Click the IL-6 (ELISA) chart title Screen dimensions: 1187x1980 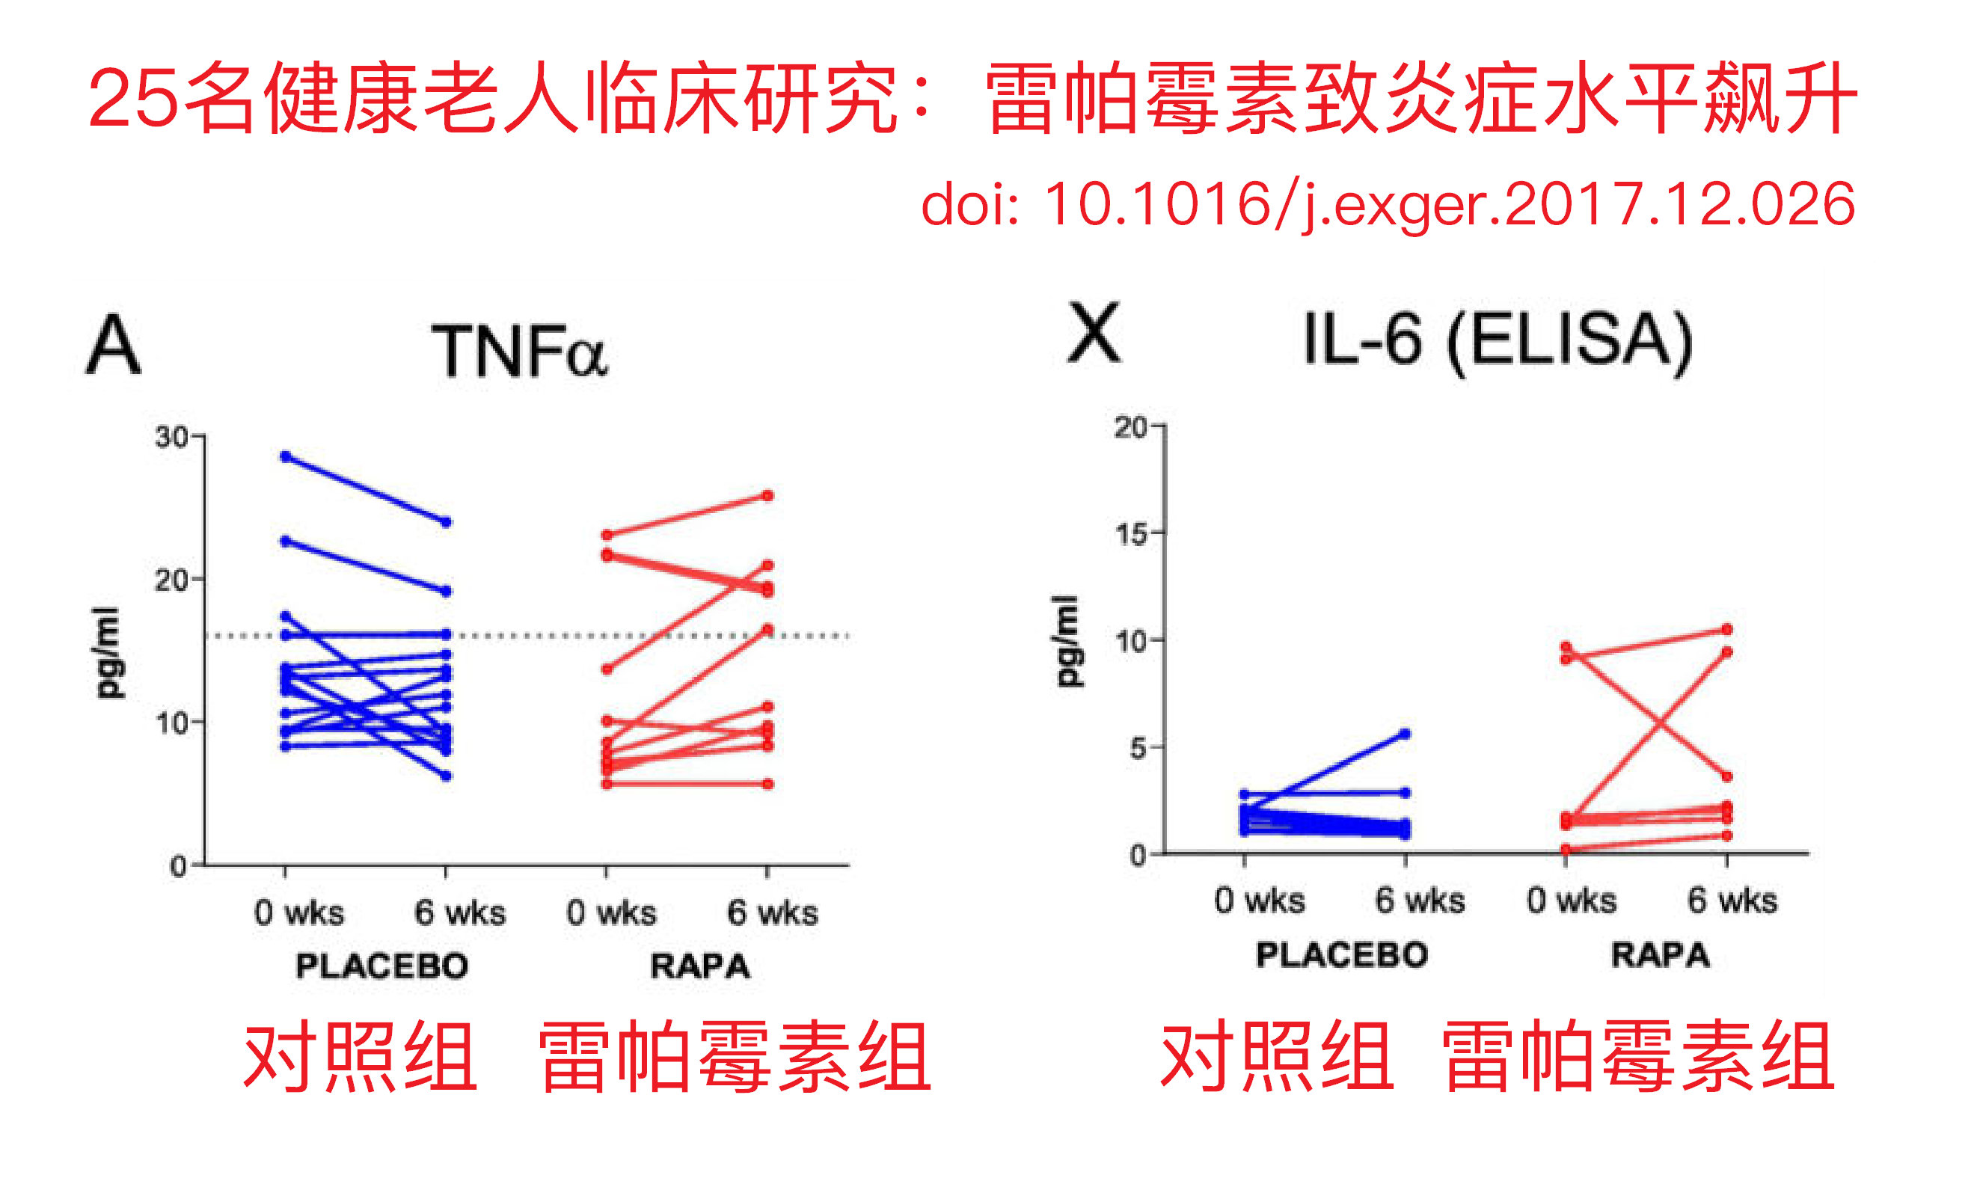point(1496,340)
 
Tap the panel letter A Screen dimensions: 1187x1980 point(114,345)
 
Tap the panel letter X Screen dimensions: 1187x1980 point(1094,334)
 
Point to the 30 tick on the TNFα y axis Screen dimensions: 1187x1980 point(171,437)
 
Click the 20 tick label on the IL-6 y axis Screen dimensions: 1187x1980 point(1131,427)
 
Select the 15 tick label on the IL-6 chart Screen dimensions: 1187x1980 point(1131,533)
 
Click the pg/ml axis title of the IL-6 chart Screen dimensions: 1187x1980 point(1068,641)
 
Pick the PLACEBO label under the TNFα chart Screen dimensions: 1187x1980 point(381,966)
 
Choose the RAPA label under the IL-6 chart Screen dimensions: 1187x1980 point(1660,955)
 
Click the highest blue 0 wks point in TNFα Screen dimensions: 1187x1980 point(286,457)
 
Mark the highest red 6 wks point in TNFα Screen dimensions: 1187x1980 point(767,496)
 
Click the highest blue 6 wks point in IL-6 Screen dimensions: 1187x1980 point(1405,734)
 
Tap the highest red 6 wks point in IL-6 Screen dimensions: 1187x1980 point(1726,630)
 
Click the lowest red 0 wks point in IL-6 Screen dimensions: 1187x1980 point(1566,850)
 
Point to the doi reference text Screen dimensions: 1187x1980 point(1388,205)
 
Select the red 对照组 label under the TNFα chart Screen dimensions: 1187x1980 point(360,1058)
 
